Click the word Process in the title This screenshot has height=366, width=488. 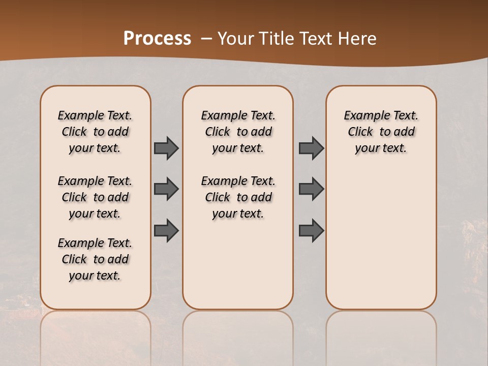(x=157, y=38)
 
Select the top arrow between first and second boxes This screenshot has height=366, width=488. (x=166, y=148)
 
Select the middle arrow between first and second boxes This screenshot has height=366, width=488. (x=166, y=189)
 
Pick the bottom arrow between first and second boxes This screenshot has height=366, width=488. (x=166, y=231)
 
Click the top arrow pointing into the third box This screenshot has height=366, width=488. (x=311, y=148)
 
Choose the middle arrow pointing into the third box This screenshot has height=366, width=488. (x=311, y=189)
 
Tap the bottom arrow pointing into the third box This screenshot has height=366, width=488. (x=311, y=231)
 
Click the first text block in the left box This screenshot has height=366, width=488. (x=95, y=132)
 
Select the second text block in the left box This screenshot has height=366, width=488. (x=95, y=197)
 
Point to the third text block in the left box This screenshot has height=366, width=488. (x=95, y=259)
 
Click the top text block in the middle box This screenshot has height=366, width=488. (x=238, y=132)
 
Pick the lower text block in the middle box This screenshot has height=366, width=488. (x=238, y=197)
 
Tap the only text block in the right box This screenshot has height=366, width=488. (x=381, y=132)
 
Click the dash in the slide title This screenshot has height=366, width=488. (x=206, y=38)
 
